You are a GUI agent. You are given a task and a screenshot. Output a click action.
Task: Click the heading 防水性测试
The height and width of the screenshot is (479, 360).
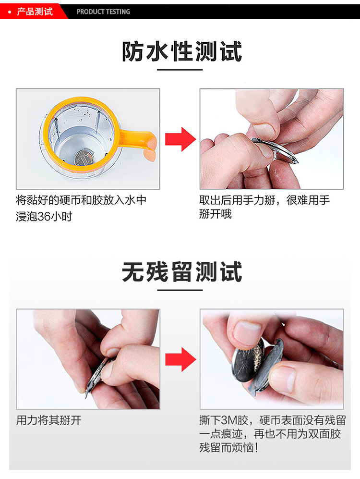181,52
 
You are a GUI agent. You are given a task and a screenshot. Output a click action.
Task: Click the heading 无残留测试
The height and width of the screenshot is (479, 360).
181,272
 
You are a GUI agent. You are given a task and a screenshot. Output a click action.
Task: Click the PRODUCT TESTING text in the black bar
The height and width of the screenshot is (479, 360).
103,12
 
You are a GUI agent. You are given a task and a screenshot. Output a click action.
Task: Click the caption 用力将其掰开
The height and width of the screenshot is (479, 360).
49,420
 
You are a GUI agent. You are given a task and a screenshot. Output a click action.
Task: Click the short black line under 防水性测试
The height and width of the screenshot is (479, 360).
180,70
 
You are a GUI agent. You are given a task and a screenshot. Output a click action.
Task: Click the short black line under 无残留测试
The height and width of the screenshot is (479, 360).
180,290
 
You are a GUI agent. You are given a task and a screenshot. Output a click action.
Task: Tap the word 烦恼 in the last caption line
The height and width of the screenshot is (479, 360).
240,448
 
